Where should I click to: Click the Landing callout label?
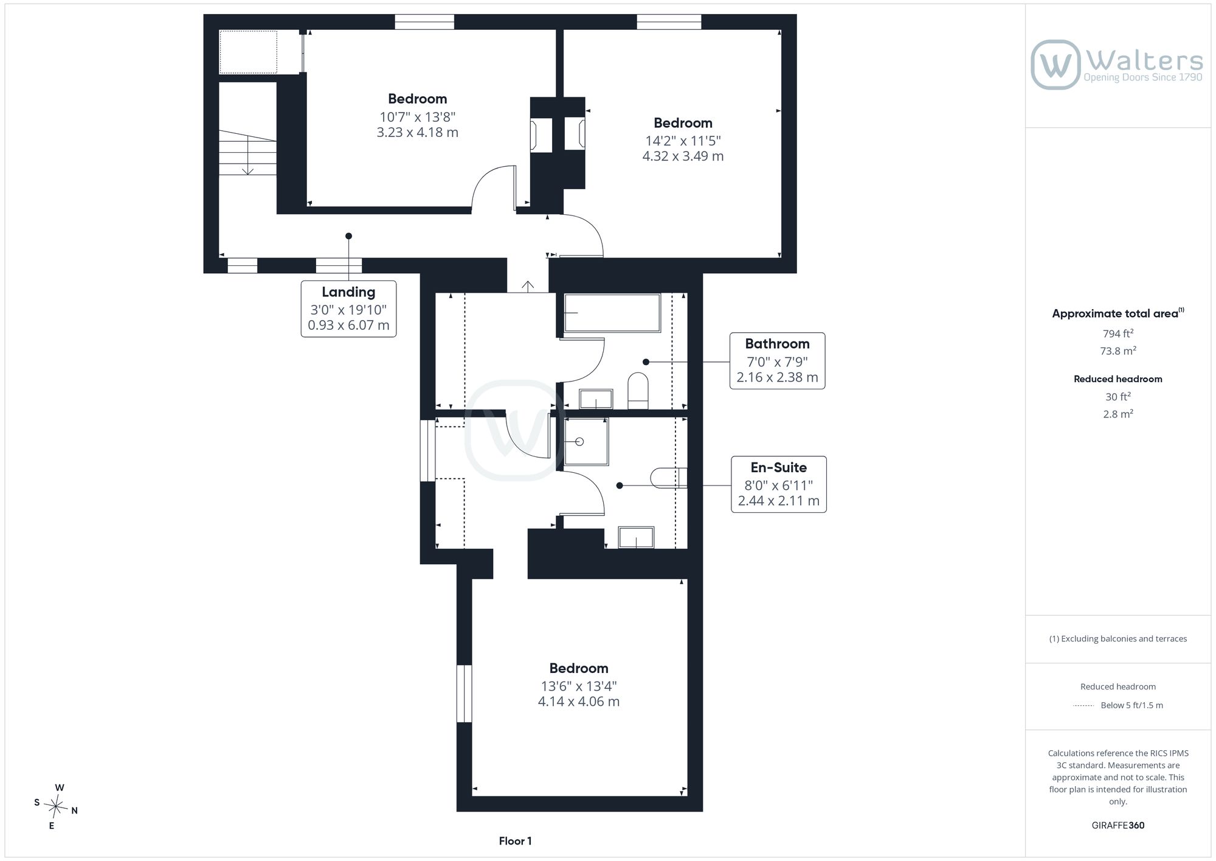point(348,308)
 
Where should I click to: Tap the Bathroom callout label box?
point(777,361)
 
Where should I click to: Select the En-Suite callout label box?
point(779,484)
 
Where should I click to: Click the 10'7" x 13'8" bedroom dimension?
point(417,117)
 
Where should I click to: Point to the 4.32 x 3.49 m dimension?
point(683,156)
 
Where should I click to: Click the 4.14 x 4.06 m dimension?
point(579,702)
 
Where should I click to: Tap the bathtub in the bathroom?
point(612,313)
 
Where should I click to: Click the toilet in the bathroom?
point(638,391)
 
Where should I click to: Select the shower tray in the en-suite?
point(586,441)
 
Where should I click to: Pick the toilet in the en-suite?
point(669,478)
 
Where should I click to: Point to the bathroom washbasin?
point(596,399)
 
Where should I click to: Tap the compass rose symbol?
point(56,807)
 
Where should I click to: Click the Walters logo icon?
point(1055,64)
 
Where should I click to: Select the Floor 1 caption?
point(515,841)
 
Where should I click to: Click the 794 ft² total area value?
point(1118,333)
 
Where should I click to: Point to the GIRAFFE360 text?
point(1118,826)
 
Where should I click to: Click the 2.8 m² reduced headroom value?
point(1118,414)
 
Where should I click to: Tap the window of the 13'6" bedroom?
point(465,694)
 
